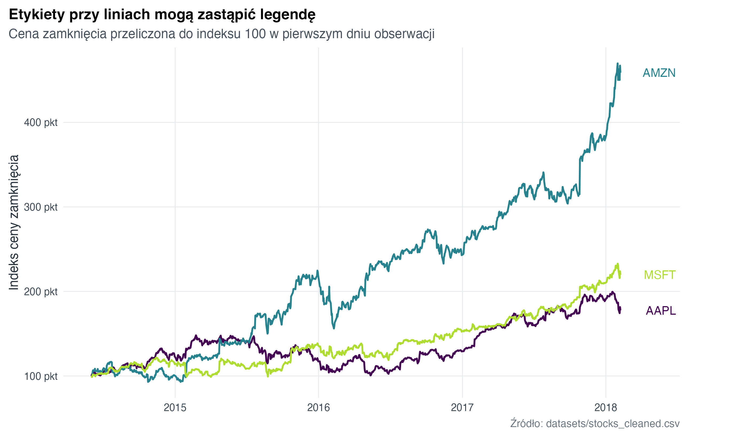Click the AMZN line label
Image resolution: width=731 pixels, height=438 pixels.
tap(659, 73)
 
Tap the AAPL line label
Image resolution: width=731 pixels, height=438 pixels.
tap(660, 310)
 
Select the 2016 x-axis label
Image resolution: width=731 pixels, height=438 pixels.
tap(318, 407)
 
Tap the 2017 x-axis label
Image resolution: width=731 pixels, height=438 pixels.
tap(462, 407)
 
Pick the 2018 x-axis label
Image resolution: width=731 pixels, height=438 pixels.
tap(606, 407)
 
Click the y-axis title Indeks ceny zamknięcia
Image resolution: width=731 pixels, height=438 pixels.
tap(14, 222)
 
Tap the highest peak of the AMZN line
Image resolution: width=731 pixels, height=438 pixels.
tap(617, 64)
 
